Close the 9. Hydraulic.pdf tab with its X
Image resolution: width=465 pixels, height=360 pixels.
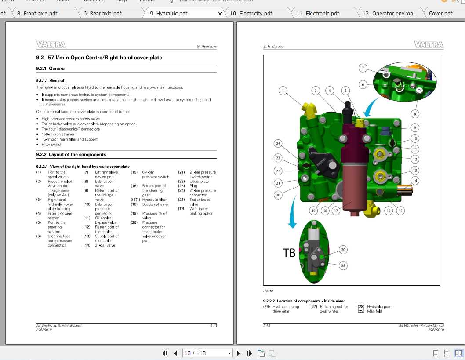220,14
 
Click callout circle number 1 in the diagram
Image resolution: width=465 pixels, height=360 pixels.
283,91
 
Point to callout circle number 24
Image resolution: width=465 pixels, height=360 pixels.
278,143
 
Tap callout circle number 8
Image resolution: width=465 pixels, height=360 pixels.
415,114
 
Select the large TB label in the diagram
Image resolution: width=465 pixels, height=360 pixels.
289,253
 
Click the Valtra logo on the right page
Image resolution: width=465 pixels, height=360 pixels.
429,44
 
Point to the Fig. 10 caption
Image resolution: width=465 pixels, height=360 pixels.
268,291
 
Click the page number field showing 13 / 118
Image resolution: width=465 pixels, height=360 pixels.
207,353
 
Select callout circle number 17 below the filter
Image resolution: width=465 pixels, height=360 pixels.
336,211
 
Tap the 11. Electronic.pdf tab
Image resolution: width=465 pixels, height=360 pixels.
317,13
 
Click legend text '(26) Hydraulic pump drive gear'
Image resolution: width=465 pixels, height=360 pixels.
281,309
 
